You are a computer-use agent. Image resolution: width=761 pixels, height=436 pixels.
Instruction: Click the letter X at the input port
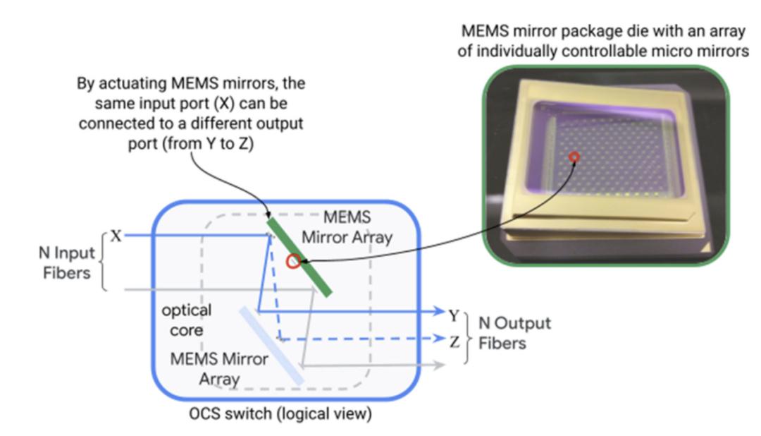click(115, 236)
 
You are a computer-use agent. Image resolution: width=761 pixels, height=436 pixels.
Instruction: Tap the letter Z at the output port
click(454, 341)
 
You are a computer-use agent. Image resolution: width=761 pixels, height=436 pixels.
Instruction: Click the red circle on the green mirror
click(293, 262)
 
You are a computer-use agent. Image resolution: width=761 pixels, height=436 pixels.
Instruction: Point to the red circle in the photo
click(576, 157)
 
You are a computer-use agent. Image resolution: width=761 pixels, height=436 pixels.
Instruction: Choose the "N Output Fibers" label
click(514, 333)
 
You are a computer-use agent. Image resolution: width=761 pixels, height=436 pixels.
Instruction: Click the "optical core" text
click(185, 320)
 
